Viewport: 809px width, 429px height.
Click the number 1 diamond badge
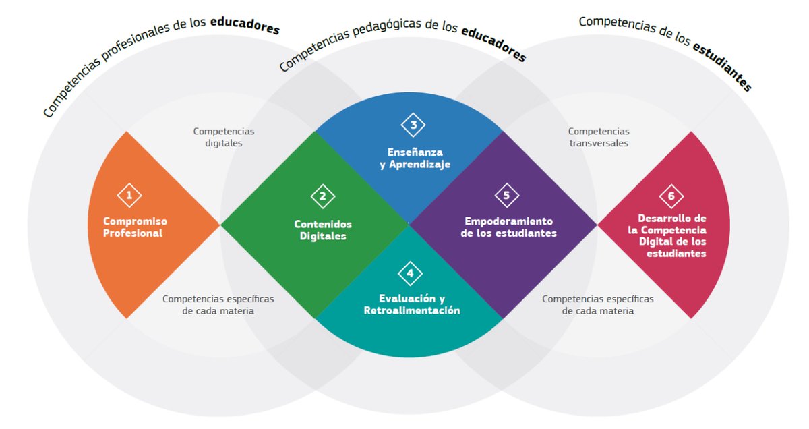129,196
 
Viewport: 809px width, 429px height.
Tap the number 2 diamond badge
322,196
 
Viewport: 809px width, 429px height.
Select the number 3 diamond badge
413,125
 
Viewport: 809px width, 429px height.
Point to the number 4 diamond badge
410,273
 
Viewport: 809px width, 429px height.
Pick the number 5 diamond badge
506,196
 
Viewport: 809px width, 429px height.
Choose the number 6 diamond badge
671,196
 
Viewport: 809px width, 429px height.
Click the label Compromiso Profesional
135,227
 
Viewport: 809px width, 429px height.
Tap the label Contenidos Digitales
323,230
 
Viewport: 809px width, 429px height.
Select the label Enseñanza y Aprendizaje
415,158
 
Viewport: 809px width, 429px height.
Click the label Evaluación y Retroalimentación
412,304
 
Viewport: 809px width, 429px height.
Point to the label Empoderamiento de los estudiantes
509,227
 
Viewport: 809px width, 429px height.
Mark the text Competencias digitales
224,137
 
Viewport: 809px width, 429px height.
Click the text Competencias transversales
599,137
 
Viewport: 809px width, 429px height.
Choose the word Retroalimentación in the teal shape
412,310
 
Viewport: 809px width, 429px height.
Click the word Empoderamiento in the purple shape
509,221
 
